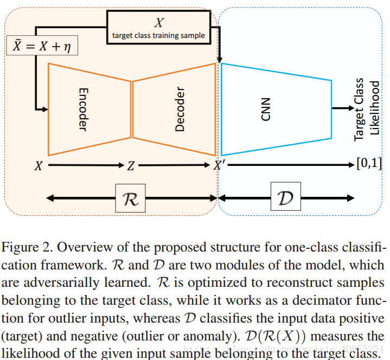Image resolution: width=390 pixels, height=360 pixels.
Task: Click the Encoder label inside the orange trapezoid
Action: tap(82, 109)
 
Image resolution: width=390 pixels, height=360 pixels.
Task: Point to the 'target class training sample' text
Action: tap(159, 36)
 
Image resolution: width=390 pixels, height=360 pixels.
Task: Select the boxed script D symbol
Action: tap(285, 199)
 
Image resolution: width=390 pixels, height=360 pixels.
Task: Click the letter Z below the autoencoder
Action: tap(131, 166)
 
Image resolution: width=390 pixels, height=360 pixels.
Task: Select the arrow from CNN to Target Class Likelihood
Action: tap(342, 108)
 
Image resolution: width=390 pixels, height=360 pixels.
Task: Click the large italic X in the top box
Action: tap(159, 23)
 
